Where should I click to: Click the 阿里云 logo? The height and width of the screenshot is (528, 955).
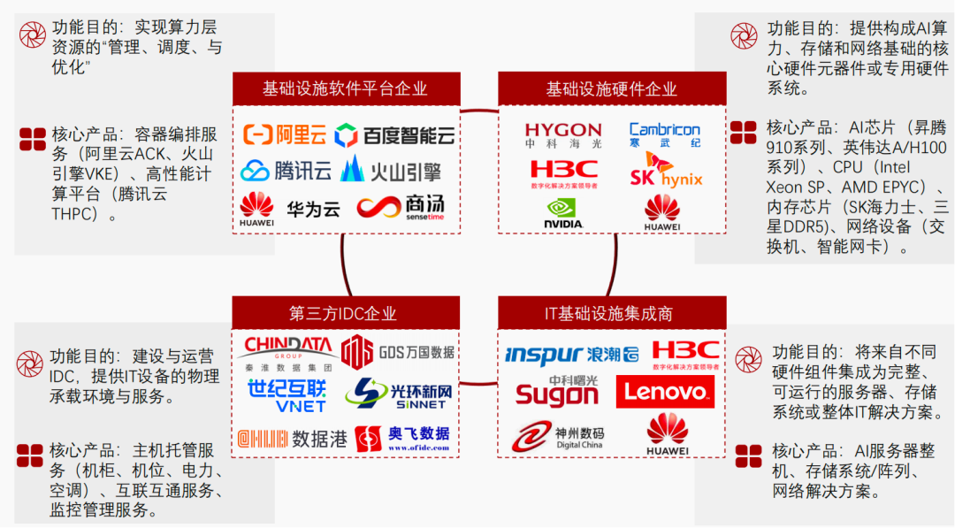coord(286,134)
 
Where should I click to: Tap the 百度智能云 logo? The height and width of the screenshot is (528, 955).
coord(395,135)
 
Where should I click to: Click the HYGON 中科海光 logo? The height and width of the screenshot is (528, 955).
coord(563,135)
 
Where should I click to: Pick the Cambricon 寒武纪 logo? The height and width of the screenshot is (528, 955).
coord(664,134)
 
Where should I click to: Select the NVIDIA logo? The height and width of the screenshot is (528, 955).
coord(563,212)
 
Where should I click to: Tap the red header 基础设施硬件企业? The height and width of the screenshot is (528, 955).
coord(611,88)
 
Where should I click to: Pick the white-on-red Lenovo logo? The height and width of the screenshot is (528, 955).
coord(665,391)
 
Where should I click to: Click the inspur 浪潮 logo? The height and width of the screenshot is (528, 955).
coord(571,355)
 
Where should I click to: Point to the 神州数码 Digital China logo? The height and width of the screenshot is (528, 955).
coord(557,436)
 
